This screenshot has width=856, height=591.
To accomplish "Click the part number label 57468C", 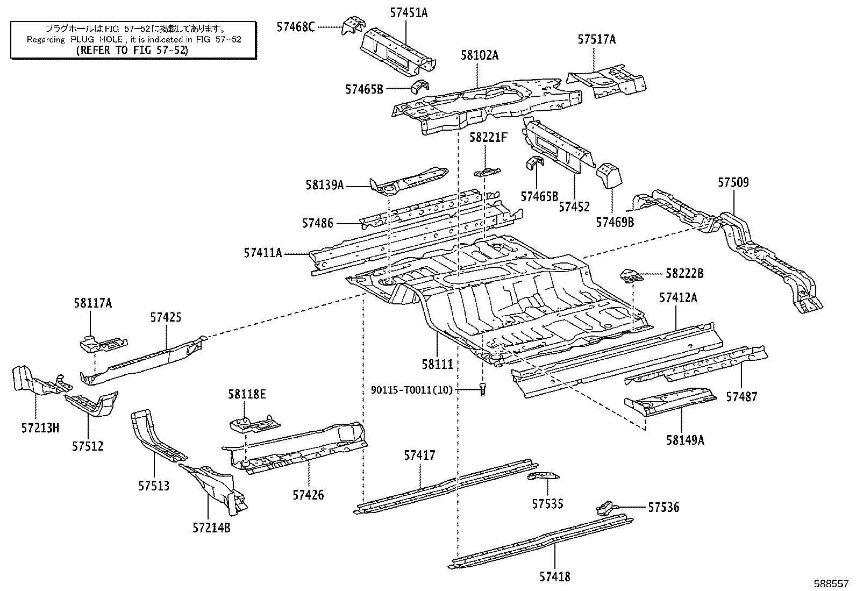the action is pos(295,27).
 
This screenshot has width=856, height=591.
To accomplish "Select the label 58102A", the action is pos(480,55).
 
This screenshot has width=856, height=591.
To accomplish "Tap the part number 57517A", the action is pos(596,39).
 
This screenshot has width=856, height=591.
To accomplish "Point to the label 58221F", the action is pos(488,137).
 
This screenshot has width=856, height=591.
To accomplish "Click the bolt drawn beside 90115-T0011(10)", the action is pos(483,389).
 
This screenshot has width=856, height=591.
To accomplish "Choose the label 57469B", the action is pos(615,222).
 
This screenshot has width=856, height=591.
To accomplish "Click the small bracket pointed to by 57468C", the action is pos(353,25).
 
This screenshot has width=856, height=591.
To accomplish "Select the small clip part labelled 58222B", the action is pos(631,276).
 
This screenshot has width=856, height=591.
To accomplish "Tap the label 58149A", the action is pos(685,440).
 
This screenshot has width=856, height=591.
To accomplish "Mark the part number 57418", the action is pos(554,576).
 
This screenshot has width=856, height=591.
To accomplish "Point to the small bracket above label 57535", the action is pos(543,476).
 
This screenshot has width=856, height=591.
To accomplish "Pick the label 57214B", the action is pos(211,528).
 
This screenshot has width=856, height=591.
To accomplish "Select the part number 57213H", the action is pos(40,428).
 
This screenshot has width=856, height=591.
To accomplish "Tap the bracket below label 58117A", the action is pos(104,344).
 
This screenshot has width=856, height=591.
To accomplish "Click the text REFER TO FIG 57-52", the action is pos(132,50).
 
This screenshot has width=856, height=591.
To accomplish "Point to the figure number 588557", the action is pos(831,583).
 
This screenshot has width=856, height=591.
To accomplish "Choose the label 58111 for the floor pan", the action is pos(437,364).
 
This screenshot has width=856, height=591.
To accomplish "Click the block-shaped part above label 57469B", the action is pos(609,175).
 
